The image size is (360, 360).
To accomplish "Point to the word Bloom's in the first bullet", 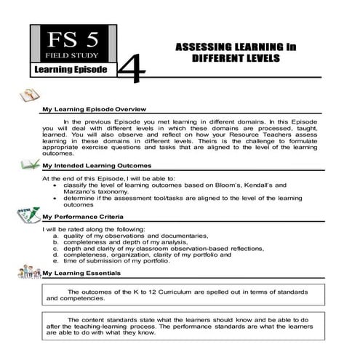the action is pyautogui.click(x=222, y=185).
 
